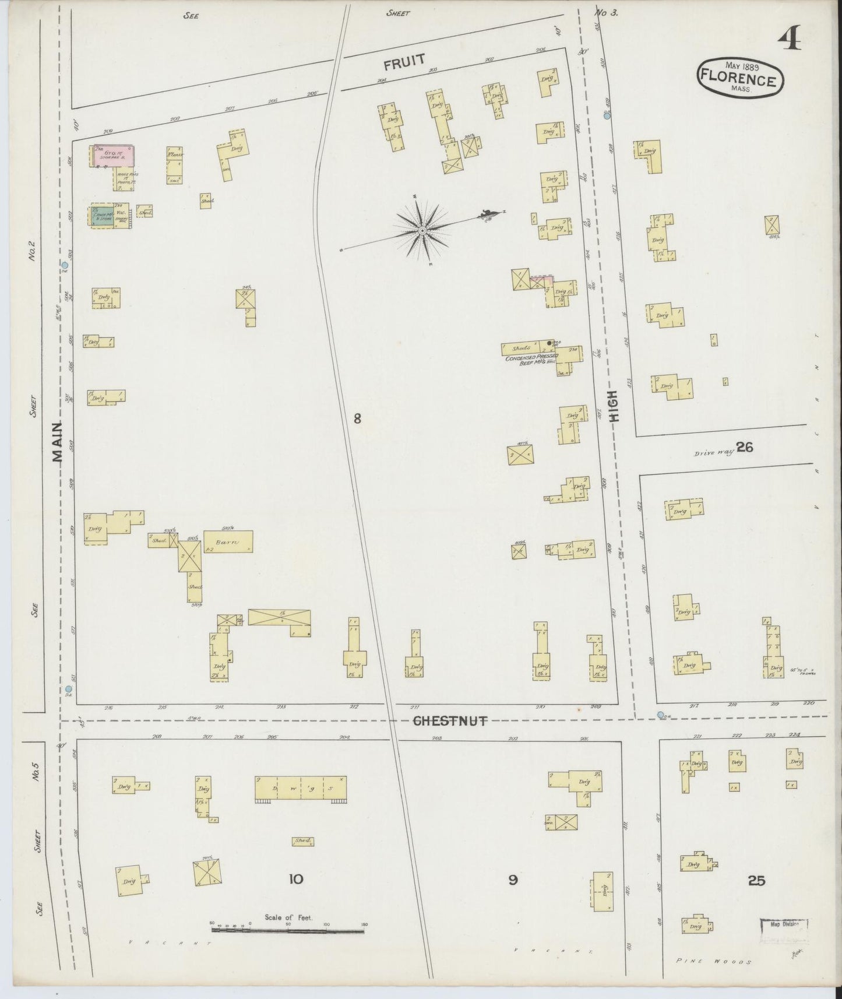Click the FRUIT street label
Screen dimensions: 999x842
point(404,60)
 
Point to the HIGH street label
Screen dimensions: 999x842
point(614,406)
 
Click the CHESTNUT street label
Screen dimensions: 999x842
point(449,721)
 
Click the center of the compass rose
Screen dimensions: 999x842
point(421,231)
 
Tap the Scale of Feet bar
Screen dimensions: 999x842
point(288,931)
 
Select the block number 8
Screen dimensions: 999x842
point(357,418)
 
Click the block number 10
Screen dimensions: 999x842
point(296,879)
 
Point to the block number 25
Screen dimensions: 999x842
point(756,881)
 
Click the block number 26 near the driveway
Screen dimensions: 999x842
point(744,447)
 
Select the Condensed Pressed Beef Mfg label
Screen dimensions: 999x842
point(531,359)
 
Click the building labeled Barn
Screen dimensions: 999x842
point(228,541)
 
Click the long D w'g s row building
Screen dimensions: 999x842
point(300,789)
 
